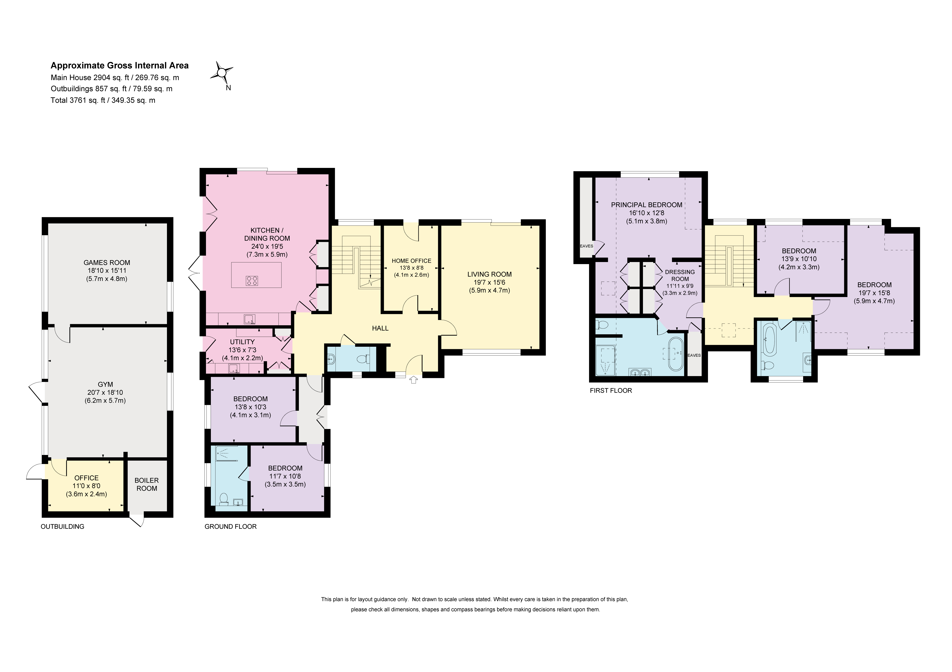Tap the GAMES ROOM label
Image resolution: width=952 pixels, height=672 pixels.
(107, 262)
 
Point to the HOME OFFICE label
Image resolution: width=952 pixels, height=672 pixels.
(411, 261)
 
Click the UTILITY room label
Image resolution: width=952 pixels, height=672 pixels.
(242, 342)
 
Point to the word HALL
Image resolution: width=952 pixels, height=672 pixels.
(380, 328)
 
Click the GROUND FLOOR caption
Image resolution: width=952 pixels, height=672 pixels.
(230, 526)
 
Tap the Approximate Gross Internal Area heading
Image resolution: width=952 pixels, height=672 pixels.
(119, 66)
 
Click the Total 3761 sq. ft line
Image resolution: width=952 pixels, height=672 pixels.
(103, 100)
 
